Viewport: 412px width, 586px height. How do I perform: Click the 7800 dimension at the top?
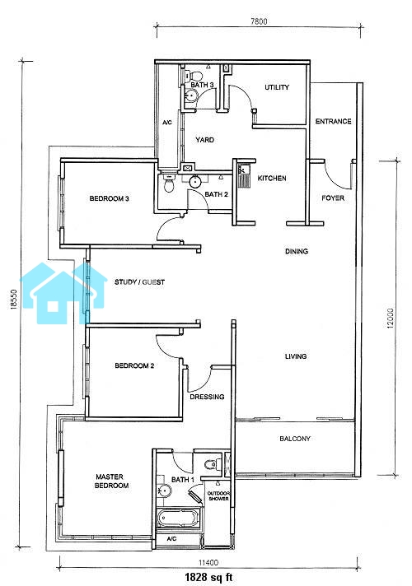click(259, 21)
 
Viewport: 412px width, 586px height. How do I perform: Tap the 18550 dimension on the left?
click(14, 299)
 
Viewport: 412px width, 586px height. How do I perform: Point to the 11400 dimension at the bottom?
click(208, 562)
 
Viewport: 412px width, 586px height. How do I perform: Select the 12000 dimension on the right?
click(391, 319)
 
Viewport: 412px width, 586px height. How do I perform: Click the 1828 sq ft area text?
click(208, 577)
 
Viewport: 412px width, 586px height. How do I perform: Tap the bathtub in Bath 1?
click(178, 518)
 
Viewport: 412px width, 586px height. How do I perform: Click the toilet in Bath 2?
click(169, 184)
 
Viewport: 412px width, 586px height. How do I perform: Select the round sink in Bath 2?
click(195, 182)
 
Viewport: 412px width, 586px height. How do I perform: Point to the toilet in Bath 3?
click(192, 76)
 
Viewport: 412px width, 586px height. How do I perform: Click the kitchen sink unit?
click(244, 175)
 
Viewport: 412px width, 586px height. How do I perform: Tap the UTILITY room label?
click(277, 87)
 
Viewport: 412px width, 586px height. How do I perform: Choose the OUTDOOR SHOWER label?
click(218, 496)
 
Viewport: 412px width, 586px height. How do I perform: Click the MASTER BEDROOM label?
click(112, 481)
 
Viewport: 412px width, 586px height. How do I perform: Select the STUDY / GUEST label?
click(139, 281)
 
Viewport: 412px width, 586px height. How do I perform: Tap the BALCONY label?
click(295, 439)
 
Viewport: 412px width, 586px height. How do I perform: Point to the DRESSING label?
click(207, 397)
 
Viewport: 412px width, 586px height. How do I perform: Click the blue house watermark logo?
click(63, 293)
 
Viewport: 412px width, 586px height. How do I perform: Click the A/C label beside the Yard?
click(167, 122)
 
